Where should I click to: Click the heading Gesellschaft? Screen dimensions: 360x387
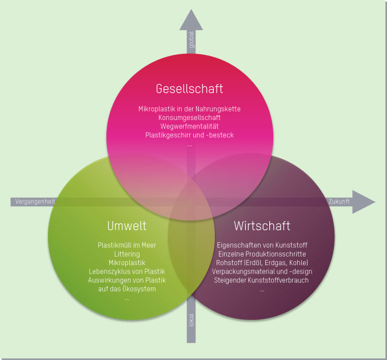[x=189, y=89]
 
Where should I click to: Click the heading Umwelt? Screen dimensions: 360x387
[x=127, y=225]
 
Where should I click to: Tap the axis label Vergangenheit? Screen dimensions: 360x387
[x=35, y=202]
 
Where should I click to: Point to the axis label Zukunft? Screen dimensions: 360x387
[x=338, y=202]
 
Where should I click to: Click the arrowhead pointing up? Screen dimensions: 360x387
[x=191, y=21]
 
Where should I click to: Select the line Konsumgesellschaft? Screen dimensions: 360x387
[x=189, y=117]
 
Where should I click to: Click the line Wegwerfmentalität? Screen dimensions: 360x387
[x=189, y=126]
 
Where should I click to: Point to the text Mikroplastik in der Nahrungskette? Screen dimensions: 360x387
[x=189, y=109]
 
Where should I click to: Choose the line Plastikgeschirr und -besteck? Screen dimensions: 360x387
[x=189, y=135]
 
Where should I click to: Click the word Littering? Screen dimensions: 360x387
[x=127, y=254]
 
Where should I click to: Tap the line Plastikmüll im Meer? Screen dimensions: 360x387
[x=127, y=245]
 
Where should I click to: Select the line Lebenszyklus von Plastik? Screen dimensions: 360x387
[x=127, y=271]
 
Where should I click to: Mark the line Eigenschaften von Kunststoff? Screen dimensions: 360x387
[x=262, y=245]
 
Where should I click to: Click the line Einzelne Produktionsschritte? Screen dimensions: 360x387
[x=262, y=254]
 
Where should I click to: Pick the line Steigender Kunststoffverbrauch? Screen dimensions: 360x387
[x=262, y=280]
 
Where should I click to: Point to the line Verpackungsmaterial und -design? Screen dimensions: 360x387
[x=262, y=271]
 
